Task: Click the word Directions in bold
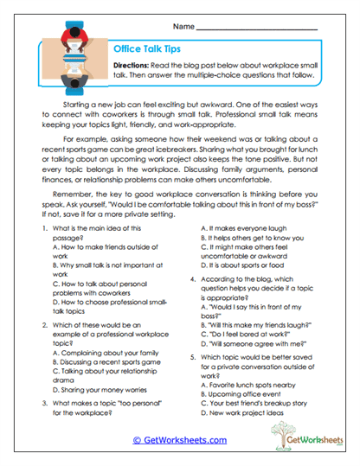point(134,66)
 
